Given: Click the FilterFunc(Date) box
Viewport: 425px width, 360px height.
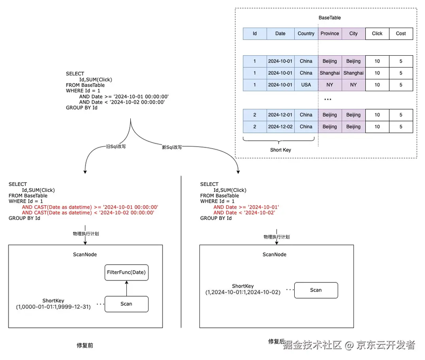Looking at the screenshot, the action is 126,272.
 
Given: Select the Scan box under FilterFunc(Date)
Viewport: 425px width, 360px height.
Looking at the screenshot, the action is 126,304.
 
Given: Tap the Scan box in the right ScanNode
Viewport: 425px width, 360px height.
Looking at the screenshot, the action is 316,290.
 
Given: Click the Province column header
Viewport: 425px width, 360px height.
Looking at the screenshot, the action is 330,34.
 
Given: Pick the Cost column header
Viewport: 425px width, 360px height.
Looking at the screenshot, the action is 401,34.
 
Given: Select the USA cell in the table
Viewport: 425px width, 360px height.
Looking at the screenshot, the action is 306,85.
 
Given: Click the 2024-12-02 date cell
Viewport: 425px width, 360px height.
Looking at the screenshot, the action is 280,127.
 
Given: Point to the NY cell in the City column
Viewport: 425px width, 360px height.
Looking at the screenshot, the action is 353,85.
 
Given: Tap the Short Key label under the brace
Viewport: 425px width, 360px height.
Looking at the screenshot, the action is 280,150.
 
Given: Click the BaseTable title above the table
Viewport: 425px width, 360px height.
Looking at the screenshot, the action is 330,18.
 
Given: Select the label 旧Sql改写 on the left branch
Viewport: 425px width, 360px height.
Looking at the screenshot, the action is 116,146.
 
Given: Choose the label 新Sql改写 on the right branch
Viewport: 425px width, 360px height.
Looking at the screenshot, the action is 172,147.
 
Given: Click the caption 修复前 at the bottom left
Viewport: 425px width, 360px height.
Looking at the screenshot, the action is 85,345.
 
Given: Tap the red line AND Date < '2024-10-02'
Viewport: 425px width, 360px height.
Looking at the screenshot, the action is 244,213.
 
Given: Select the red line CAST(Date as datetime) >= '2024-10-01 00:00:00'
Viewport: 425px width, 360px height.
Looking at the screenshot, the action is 90,207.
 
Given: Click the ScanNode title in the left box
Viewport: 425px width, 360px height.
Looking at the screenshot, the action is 85,254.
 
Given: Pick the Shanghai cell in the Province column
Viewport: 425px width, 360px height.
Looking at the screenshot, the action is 330,73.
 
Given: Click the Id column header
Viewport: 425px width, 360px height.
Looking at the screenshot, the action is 255,34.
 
